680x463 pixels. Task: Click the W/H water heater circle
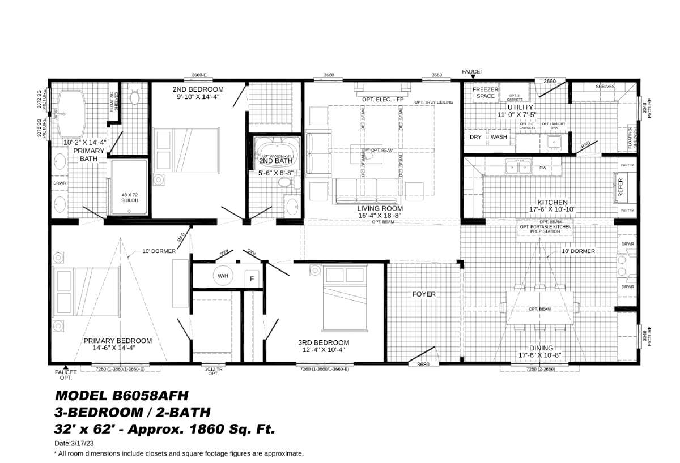click(221, 276)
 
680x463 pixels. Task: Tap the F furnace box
click(249, 278)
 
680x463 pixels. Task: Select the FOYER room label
click(423, 294)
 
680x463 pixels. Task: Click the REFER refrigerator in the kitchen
click(620, 186)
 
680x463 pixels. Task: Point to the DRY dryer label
click(475, 137)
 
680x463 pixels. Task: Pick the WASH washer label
click(499, 137)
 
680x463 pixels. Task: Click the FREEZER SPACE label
click(485, 93)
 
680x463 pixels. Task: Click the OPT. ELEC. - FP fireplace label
click(383, 100)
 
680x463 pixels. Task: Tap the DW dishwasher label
click(542, 168)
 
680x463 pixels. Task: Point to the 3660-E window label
click(199, 75)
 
